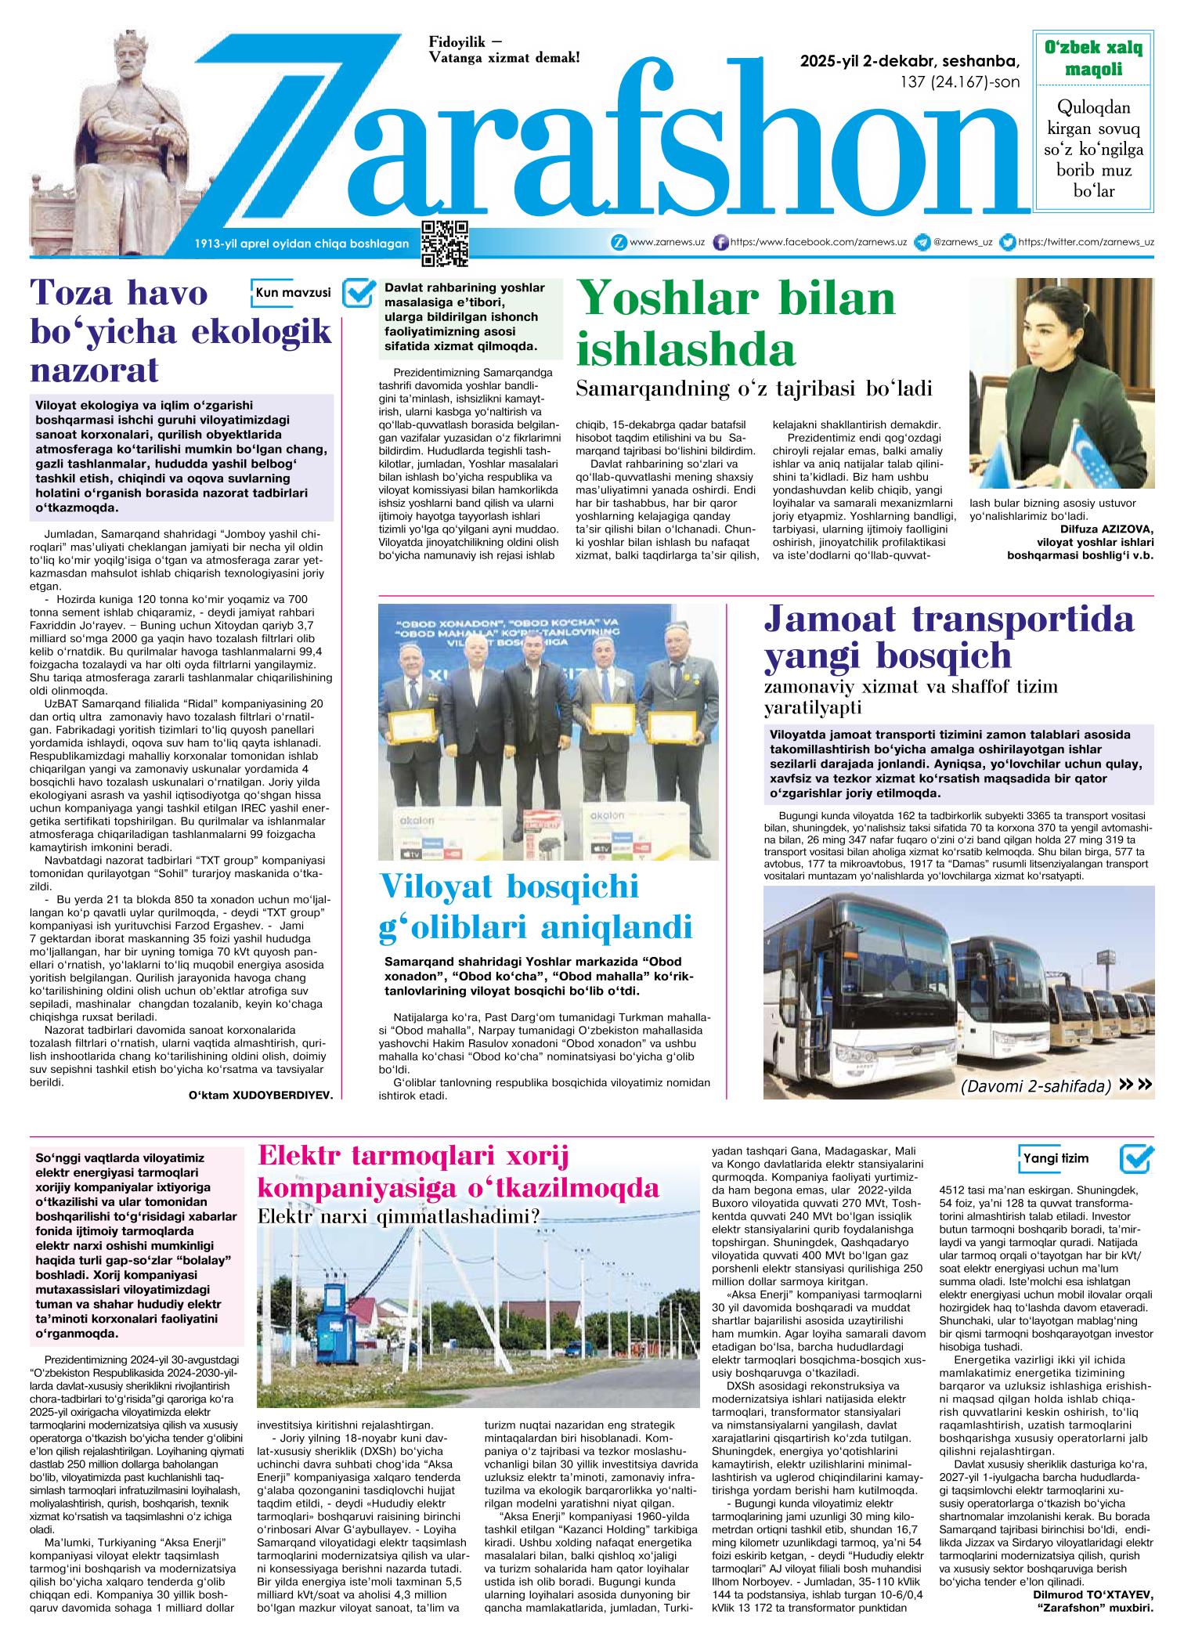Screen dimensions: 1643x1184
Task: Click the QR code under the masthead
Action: point(445,244)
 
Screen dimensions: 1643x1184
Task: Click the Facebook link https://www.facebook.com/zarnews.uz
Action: point(818,243)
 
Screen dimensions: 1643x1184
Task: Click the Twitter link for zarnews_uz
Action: point(1085,243)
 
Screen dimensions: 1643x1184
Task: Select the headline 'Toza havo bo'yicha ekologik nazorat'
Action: point(180,332)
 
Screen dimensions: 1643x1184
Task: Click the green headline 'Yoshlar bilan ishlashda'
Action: point(736,323)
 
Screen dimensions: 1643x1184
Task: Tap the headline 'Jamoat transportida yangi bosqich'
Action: point(948,638)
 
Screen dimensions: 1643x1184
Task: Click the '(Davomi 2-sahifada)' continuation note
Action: point(1035,1086)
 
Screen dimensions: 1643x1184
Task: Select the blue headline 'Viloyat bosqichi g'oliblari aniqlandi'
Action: point(536,907)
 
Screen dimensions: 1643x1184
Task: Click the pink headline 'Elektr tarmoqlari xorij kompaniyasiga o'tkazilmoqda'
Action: point(459,1172)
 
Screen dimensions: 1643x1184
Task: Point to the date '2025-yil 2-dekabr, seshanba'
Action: point(910,62)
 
